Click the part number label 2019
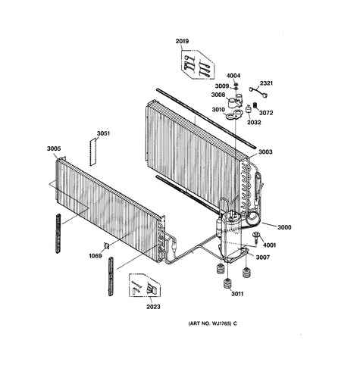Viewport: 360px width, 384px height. [x=182, y=41]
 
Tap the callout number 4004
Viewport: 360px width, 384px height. [x=233, y=76]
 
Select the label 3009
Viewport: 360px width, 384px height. [x=222, y=86]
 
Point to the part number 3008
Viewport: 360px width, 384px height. [x=218, y=95]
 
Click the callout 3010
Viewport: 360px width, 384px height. [x=218, y=110]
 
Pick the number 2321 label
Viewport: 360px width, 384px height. [x=266, y=83]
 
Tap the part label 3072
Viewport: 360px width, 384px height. [x=266, y=113]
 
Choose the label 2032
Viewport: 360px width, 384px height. [x=254, y=122]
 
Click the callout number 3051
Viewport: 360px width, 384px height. [x=103, y=133]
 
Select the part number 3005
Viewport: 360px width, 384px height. [x=54, y=148]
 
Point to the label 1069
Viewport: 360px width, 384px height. [x=95, y=256]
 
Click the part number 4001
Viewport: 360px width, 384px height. [x=269, y=245]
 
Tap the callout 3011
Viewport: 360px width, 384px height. [x=237, y=294]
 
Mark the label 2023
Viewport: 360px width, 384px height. [x=153, y=307]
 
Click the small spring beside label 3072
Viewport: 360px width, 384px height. [x=255, y=105]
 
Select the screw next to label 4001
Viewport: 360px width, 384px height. [x=255, y=237]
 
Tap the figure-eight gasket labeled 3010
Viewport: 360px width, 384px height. [x=233, y=115]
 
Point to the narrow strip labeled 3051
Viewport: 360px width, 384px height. [x=93, y=152]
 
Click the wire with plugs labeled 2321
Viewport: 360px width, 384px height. [x=258, y=91]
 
